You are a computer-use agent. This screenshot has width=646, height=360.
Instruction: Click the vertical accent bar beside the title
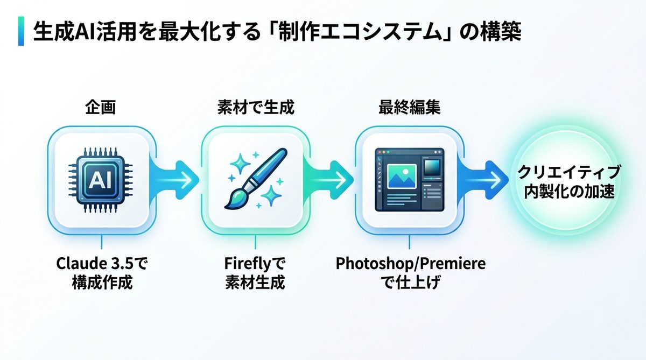21,31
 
